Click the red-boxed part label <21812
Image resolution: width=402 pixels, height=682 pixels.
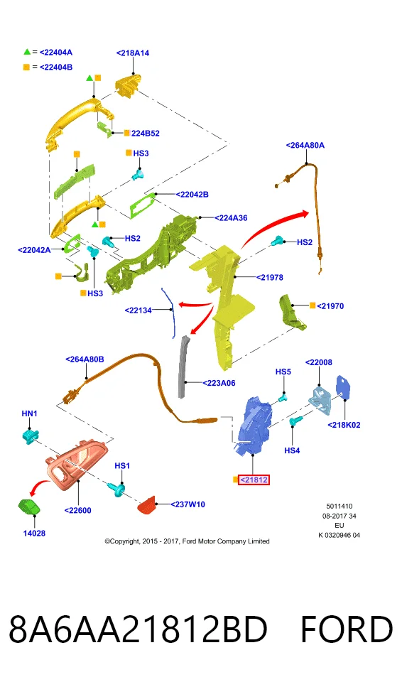pos(254,480)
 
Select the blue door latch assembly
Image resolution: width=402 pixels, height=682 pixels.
pos(254,426)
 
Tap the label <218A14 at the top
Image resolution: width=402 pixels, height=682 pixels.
pos(133,53)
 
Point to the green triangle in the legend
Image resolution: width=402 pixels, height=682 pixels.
pos(27,52)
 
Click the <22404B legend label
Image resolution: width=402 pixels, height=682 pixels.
pos(56,67)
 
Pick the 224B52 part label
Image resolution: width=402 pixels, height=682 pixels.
pos(146,134)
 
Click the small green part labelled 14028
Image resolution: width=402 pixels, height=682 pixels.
pos(29,507)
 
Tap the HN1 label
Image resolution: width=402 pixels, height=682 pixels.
pos(30,413)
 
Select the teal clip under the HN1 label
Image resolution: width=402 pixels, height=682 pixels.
pos(31,435)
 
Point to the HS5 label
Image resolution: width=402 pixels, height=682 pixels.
pos(283,372)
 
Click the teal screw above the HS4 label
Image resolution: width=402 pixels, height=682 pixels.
pos(296,421)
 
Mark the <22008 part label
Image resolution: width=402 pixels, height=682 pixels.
pos(318,362)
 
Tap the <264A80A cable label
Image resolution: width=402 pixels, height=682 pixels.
pos(305,145)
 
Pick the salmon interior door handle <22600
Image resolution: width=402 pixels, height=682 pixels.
pos(77,466)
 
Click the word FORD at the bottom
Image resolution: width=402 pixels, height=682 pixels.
pos(347,629)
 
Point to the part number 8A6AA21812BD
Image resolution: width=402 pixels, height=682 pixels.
pos(138,629)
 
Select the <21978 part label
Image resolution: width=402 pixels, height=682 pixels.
pos(269,278)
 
